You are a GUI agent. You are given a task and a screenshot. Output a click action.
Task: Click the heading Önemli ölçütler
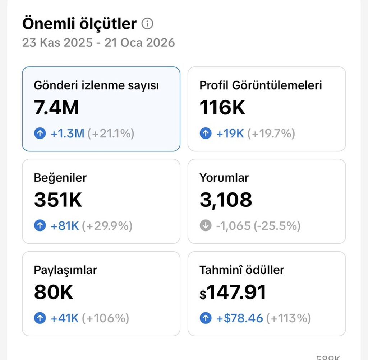pos(79,24)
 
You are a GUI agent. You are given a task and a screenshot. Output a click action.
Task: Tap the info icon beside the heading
pos(147,24)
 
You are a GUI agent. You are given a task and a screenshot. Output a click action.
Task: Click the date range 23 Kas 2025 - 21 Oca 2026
pos(98,43)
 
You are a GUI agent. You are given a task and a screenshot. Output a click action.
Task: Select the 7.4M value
pos(56,108)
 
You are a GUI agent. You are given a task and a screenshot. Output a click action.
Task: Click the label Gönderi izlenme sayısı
pos(96,85)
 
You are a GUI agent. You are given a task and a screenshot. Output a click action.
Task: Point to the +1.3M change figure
pos(67,134)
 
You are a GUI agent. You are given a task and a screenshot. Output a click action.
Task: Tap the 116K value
pos(222,108)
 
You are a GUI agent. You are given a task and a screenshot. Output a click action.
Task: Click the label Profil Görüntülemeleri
pos(261,85)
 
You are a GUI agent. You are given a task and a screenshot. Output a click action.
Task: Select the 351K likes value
pos(58,200)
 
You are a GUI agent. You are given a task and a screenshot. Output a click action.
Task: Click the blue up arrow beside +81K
pos(40,226)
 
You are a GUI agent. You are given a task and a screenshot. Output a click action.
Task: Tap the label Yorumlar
pos(224,178)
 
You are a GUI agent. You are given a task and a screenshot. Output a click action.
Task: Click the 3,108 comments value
pos(226,200)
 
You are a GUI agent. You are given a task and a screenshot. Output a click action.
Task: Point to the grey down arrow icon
pos(205,226)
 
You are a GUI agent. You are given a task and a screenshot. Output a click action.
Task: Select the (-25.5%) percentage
pos(277,226)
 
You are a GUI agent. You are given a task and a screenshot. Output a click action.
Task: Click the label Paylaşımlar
pos(65,270)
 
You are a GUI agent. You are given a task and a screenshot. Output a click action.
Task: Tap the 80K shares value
pos(54,292)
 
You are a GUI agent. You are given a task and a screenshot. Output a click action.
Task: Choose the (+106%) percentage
pos(105,318)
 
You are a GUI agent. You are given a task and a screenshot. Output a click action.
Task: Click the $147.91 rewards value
pos(233,292)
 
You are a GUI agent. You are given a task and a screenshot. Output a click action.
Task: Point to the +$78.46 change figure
pos(240,318)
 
